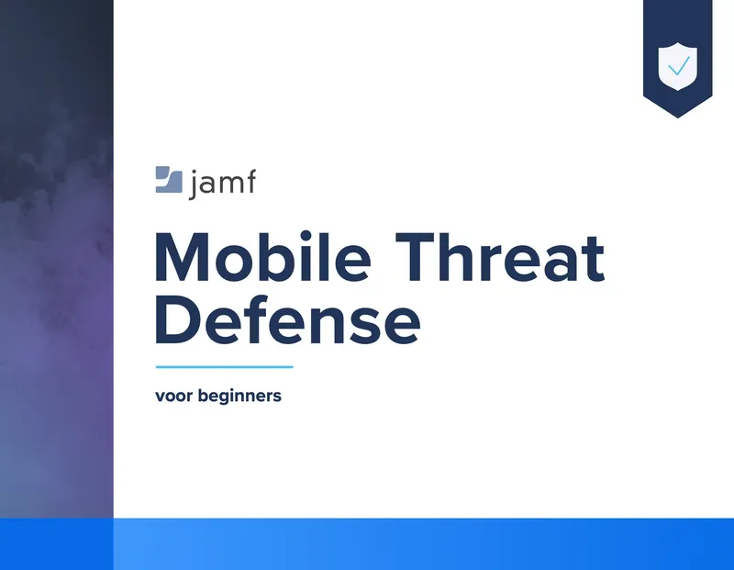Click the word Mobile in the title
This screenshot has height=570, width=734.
click(x=262, y=257)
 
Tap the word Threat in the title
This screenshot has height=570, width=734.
click(x=500, y=258)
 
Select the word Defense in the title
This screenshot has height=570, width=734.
click(x=287, y=319)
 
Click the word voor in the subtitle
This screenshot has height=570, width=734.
click(x=173, y=396)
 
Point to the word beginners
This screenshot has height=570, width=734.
click(x=239, y=397)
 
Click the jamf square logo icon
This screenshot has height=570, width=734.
click(x=169, y=179)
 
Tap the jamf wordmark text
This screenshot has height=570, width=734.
click(x=223, y=184)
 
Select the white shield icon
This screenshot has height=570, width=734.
click(x=677, y=66)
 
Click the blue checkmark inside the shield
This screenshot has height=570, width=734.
click(x=679, y=66)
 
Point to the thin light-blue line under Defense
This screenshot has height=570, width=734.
click(x=224, y=367)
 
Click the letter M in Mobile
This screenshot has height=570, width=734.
click(x=182, y=258)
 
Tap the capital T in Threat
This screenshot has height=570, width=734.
click(x=417, y=258)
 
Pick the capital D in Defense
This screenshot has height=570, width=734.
click(x=177, y=319)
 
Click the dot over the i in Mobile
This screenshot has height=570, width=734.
click(x=306, y=237)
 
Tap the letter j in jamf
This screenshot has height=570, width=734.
click(x=194, y=185)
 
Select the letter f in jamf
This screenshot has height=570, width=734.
click(x=250, y=181)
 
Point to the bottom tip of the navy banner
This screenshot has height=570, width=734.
click(x=677, y=117)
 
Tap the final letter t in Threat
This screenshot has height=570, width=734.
click(x=595, y=261)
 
